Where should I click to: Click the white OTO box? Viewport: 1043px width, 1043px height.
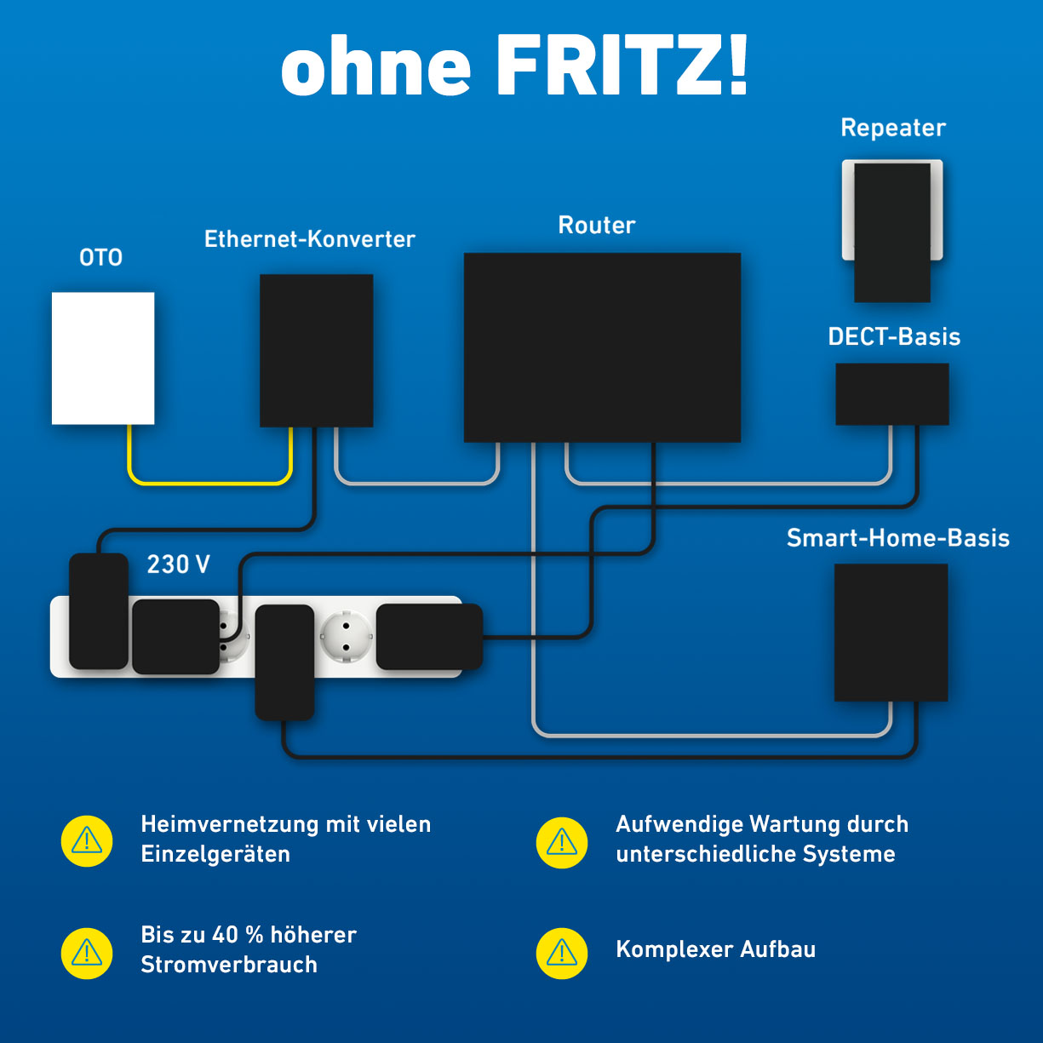point(103,358)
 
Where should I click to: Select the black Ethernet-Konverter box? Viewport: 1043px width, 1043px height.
point(316,350)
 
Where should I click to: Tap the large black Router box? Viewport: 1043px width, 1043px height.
point(602,347)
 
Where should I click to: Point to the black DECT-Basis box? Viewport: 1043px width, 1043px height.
point(891,394)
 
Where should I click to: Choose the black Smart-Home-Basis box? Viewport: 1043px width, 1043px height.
point(891,632)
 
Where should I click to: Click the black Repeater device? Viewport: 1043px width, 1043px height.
point(891,232)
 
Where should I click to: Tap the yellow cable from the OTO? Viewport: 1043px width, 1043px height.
point(209,483)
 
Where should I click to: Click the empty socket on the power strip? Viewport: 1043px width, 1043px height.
point(345,636)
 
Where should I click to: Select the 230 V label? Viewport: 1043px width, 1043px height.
point(178,564)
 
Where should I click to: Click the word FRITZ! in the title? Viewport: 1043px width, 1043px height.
point(622,66)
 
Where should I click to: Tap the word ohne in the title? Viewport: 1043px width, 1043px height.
point(375,68)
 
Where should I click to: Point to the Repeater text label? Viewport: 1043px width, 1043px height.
point(893,128)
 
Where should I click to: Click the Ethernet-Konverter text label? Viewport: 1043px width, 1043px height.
point(310,239)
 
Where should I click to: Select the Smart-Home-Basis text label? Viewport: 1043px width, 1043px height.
point(897,538)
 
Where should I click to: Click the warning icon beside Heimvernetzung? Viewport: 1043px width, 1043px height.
point(87,841)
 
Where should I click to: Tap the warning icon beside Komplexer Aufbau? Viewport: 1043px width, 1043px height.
point(562,953)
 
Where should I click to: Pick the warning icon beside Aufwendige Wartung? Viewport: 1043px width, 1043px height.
point(562,843)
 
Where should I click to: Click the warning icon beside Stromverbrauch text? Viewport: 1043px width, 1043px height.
point(87,953)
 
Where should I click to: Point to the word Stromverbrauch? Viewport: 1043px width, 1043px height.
point(229,965)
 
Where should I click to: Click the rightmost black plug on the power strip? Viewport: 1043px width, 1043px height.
point(429,636)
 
